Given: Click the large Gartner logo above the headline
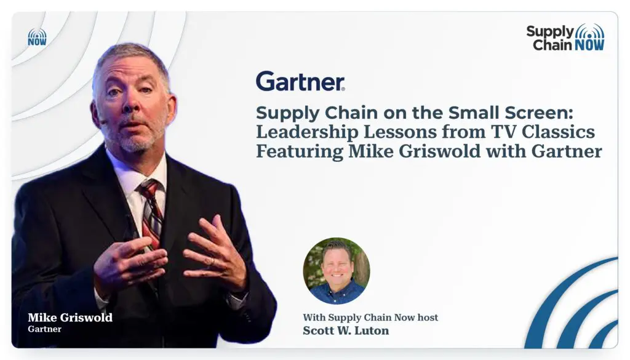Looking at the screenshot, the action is (x=300, y=81).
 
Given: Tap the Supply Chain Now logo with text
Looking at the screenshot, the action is (x=565, y=37).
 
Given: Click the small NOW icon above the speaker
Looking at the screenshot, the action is (x=37, y=37).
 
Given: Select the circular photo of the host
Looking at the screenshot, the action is (x=337, y=270).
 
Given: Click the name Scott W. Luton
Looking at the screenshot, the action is (x=346, y=330).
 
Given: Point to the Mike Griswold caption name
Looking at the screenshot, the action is (x=70, y=318).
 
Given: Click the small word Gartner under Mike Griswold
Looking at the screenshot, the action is (x=44, y=329).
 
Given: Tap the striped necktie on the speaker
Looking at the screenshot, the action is (x=151, y=213).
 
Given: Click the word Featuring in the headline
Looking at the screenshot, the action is (x=300, y=152).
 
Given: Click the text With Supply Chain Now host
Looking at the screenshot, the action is (x=370, y=318).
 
